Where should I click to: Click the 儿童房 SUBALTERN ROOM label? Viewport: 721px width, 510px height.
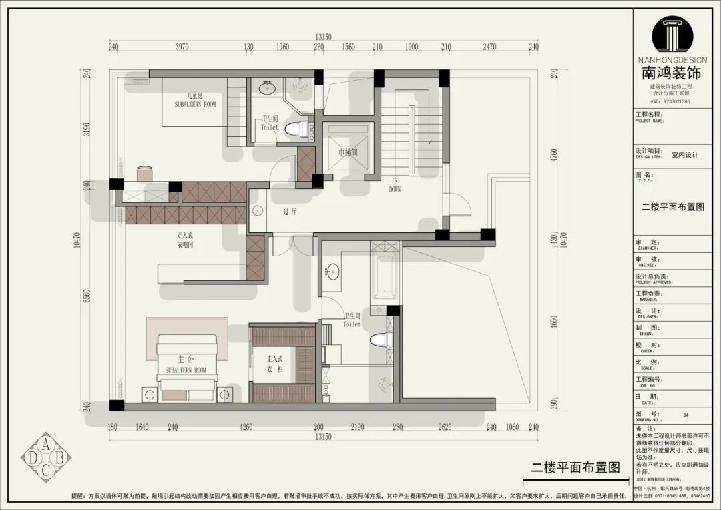(x=195, y=100)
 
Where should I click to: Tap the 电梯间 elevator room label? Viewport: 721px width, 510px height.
(x=348, y=153)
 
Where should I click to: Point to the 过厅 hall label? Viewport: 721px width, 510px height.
(x=290, y=212)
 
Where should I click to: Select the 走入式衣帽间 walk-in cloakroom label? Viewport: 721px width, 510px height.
(x=186, y=240)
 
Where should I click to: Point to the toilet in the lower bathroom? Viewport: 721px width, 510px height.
(x=379, y=340)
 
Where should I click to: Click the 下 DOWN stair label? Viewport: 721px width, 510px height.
(x=395, y=185)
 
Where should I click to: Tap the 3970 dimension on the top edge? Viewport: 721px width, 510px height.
(x=182, y=47)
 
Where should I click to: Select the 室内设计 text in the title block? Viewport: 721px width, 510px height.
(x=684, y=155)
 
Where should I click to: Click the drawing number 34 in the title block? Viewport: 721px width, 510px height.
(x=686, y=415)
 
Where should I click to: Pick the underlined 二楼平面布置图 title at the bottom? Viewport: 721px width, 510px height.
(x=575, y=467)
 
